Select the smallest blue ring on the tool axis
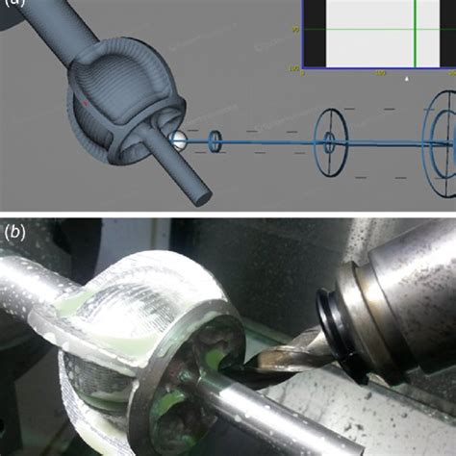pyautogui.click(x=215, y=140)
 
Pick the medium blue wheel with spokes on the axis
pyautogui.click(x=329, y=141)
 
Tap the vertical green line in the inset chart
pyautogui.click(x=415, y=34)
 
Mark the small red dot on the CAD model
pyautogui.click(x=84, y=100)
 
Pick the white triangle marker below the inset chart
pyautogui.click(x=407, y=80)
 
